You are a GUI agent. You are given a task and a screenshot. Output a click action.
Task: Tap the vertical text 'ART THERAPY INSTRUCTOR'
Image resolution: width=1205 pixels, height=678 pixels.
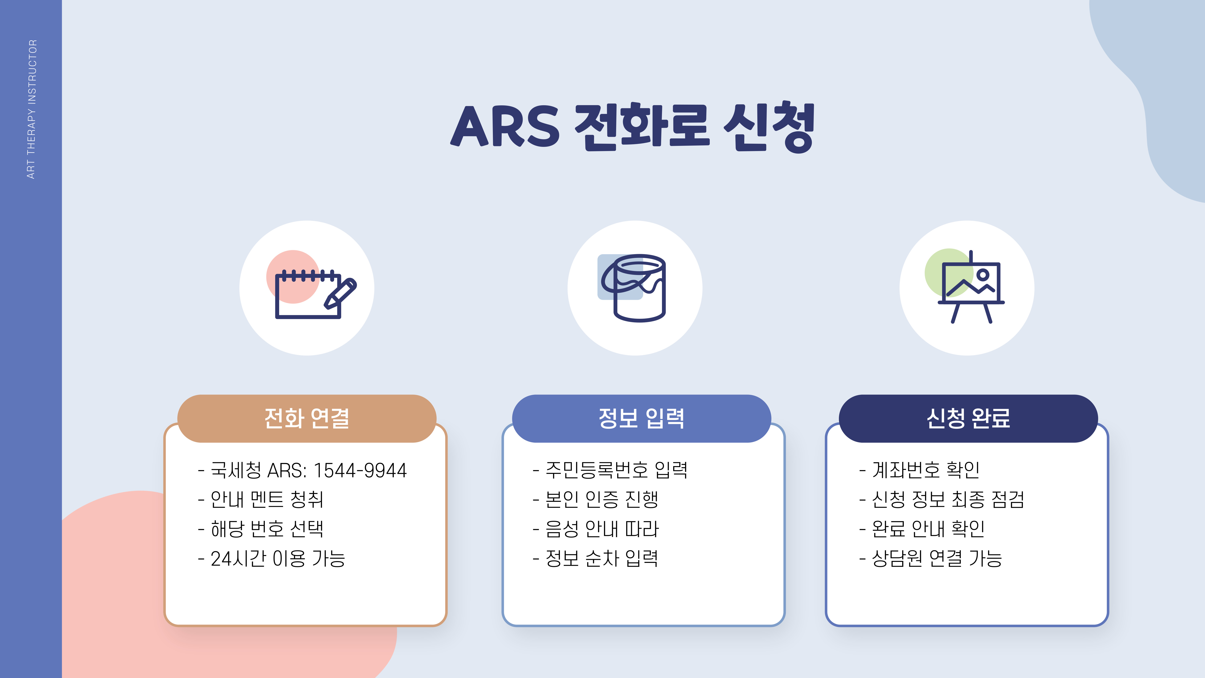(x=31, y=109)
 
